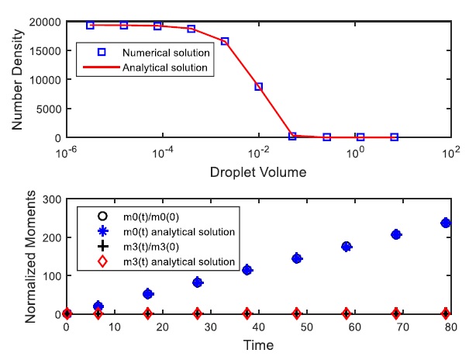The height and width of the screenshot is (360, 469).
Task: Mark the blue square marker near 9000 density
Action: point(259,87)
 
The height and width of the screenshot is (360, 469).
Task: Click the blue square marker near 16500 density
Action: point(225,41)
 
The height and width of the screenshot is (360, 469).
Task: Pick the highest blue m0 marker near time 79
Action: point(446,223)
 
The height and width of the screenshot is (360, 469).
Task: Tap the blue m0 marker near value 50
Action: point(148,294)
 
